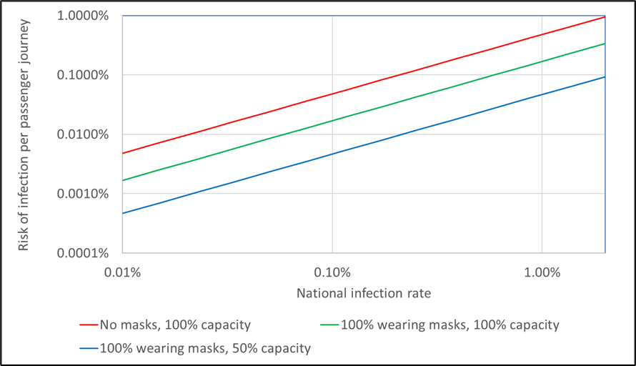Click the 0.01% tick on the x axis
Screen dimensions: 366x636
[x=123, y=272]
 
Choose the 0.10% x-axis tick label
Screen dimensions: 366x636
[x=332, y=272]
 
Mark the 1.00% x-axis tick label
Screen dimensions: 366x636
[x=542, y=272]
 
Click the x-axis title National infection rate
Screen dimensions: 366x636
[x=364, y=292]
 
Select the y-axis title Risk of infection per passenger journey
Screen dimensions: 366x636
[x=24, y=134]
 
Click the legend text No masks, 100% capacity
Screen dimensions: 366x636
[x=175, y=325]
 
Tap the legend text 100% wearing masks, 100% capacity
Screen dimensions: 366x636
[x=449, y=325]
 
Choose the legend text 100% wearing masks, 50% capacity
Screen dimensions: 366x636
[x=205, y=349]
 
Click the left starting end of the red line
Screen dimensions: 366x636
[x=123, y=153]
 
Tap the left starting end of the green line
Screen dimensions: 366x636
[x=123, y=180]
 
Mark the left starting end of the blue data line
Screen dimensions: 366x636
[x=123, y=213]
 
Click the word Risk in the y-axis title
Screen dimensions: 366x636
[x=24, y=238]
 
